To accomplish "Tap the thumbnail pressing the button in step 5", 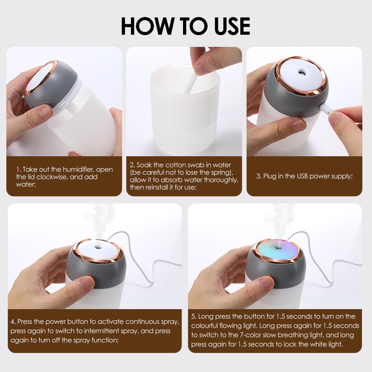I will [x=266, y=284].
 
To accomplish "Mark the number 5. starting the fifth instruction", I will [x=194, y=317].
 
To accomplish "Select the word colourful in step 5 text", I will [x=206, y=326].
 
